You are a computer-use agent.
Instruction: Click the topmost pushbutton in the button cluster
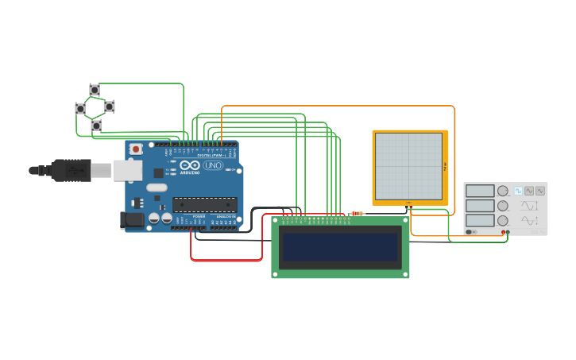pyautogui.click(x=95, y=90)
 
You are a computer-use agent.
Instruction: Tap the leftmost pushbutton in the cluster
pyautogui.click(x=80, y=108)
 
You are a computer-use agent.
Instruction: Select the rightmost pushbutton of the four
pyautogui.click(x=109, y=106)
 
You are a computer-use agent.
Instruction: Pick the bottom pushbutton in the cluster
pyautogui.click(x=96, y=126)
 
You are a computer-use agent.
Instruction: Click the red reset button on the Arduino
pyautogui.click(x=136, y=149)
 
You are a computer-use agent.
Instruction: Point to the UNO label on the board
pyautogui.click(x=213, y=165)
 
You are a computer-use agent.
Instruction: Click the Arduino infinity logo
pyautogui.click(x=189, y=165)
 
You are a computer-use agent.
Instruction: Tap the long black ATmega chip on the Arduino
pyautogui.click(x=204, y=204)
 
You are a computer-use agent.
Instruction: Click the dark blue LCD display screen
pyautogui.click(x=340, y=246)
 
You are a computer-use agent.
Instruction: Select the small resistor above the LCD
pyautogui.click(x=358, y=213)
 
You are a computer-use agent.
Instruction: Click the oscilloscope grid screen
pyautogui.click(x=408, y=166)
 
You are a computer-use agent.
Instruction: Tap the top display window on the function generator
pyautogui.click(x=480, y=191)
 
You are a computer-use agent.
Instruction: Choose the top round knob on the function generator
pyautogui.click(x=503, y=191)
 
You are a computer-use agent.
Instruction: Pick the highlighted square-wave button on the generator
pyautogui.click(x=518, y=191)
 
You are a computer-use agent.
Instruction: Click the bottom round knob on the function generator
pyautogui.click(x=503, y=220)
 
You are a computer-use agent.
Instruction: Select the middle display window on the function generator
pyautogui.click(x=480, y=205)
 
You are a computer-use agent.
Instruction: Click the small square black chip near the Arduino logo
pyautogui.click(x=158, y=172)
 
